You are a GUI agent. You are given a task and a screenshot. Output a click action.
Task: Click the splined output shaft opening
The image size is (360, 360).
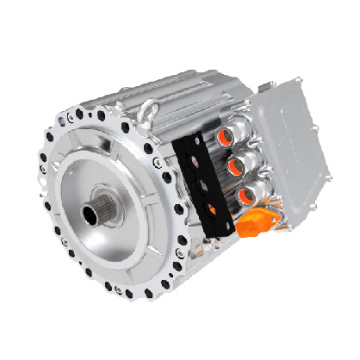pos(97,209)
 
